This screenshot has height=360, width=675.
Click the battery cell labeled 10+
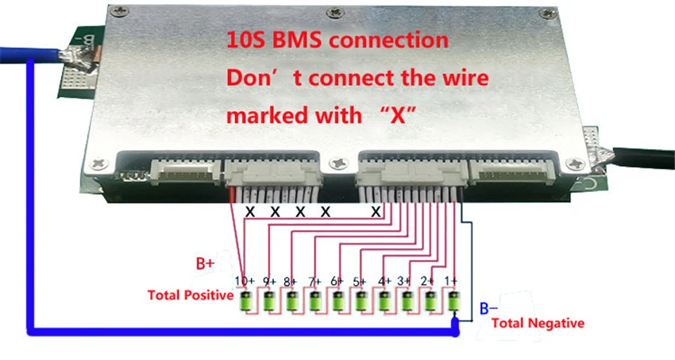tap(246, 302)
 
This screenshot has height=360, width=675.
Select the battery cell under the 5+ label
tap(361, 302)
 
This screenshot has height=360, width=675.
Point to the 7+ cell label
tap(314, 281)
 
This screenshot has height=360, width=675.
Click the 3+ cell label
tap(405, 281)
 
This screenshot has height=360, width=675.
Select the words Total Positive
tap(191, 296)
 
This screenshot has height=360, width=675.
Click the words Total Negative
tap(538, 323)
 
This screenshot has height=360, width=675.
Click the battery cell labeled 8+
tap(292, 302)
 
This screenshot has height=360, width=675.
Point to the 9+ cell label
tap(268, 281)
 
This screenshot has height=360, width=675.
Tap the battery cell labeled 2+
tap(430, 302)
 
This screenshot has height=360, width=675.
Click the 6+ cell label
tap(337, 281)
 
